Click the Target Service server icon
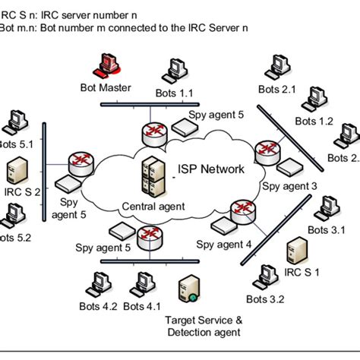[185, 289]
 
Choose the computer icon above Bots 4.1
[140, 283]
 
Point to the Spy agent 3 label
[289, 185]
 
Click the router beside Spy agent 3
[267, 150]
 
